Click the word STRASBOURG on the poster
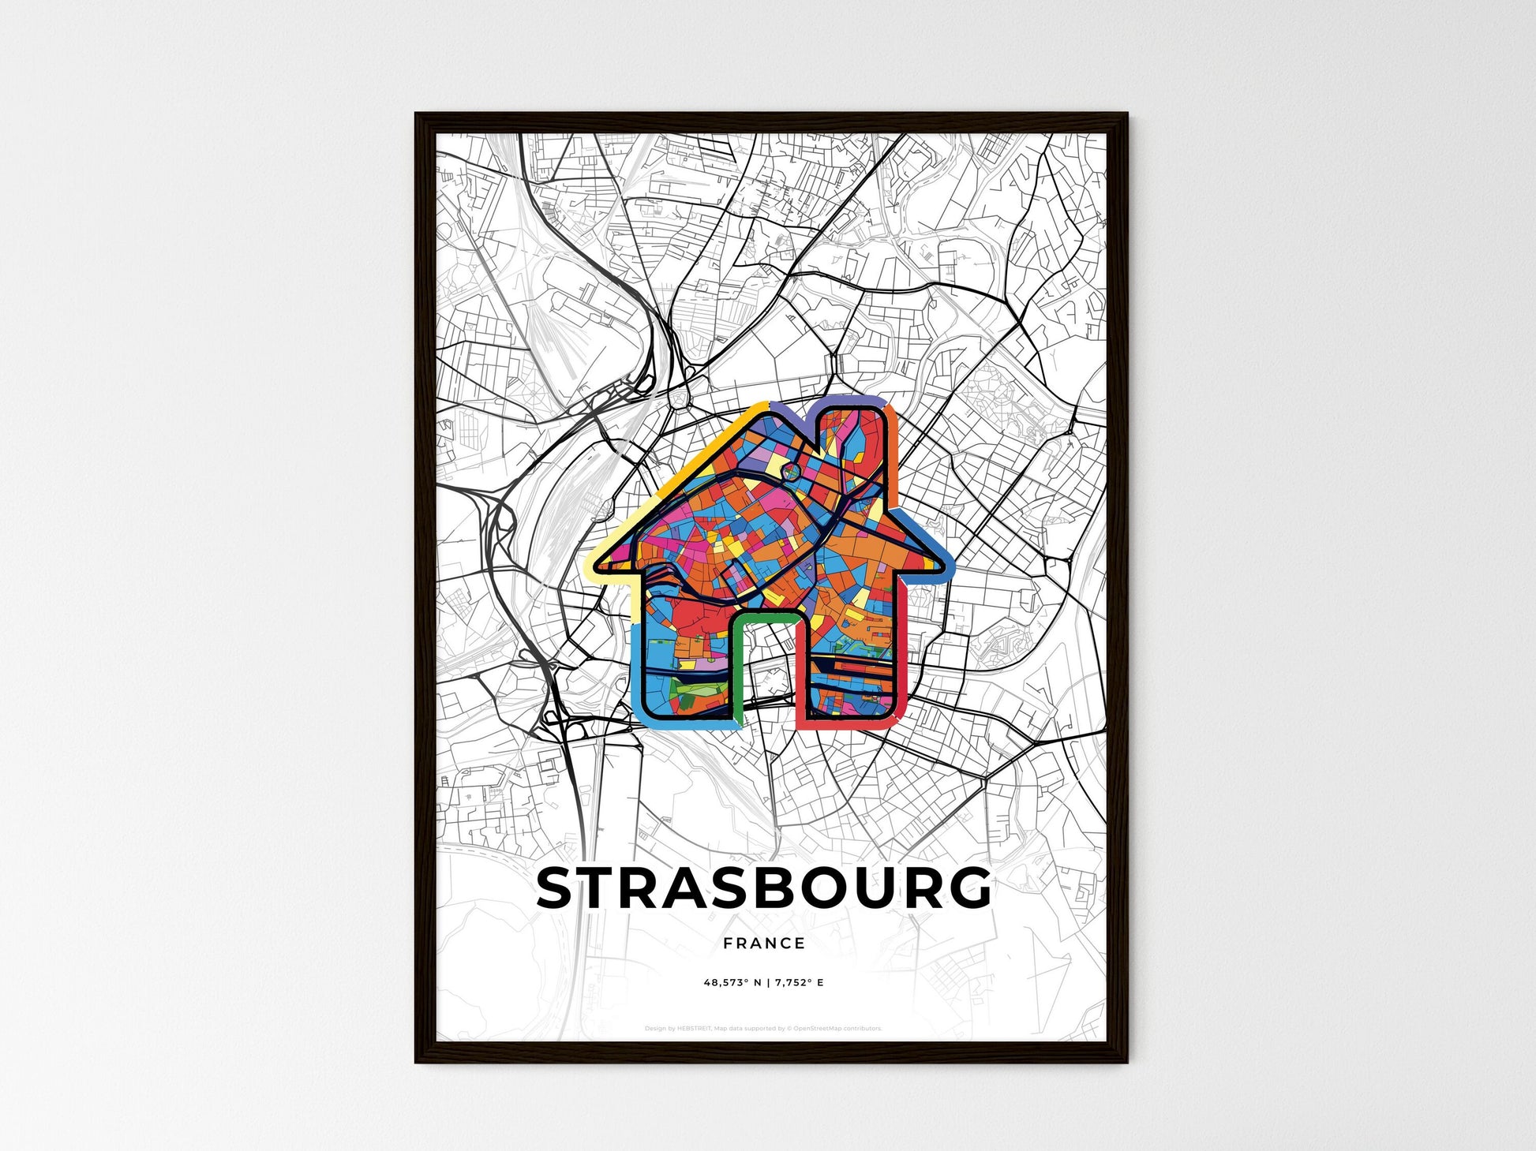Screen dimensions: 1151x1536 click(x=763, y=888)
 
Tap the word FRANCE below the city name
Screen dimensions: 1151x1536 click(x=763, y=943)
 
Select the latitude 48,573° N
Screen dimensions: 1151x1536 click(x=729, y=983)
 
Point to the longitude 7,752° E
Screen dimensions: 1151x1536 click(x=798, y=983)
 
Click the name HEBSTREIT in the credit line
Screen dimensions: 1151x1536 click(x=695, y=1029)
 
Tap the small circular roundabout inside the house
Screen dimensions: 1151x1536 click(x=792, y=471)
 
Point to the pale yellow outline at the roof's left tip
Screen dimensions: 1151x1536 click(x=594, y=561)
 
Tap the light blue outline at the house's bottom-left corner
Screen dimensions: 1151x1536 click(x=641, y=710)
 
